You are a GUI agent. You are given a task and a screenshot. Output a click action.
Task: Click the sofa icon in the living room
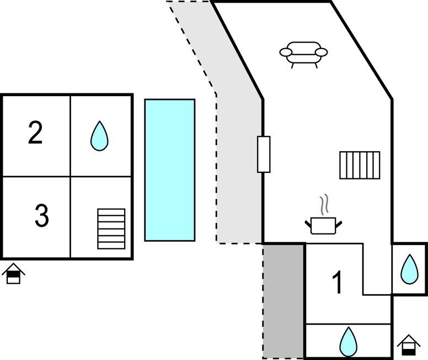point(303,54)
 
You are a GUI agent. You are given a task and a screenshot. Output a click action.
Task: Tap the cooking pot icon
point(323,225)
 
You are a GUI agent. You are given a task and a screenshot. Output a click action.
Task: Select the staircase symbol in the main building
point(360,165)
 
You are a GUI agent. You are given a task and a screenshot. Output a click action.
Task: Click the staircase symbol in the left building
point(111,229)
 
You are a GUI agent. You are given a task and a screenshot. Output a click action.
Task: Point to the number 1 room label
point(337,282)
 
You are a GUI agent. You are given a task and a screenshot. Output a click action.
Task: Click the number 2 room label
point(35,134)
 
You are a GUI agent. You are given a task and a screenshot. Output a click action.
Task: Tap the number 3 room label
point(41,216)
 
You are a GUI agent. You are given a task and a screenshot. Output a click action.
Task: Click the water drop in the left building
point(99,136)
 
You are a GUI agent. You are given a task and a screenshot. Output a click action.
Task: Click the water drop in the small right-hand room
point(409,269)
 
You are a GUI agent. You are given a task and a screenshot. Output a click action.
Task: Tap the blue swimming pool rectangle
point(170,170)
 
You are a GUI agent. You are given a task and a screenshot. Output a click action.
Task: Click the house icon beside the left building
point(13,273)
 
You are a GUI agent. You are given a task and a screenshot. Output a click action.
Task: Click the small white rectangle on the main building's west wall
point(264,154)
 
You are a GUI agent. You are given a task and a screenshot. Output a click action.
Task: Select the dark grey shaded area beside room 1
point(283,301)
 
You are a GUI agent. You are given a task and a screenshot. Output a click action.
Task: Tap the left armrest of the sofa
point(286,52)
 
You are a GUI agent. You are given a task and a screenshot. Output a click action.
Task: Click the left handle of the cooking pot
point(308,223)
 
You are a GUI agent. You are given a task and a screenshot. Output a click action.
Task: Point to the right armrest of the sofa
point(321,52)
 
